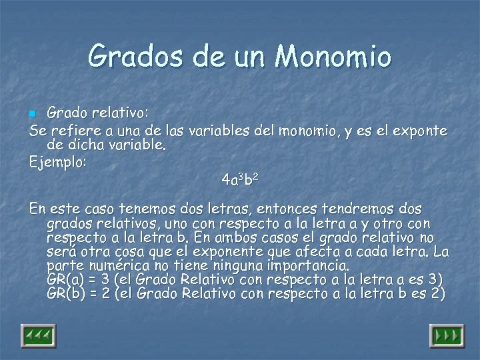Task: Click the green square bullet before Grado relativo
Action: tap(37, 110)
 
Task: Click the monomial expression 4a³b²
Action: tap(240, 179)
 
